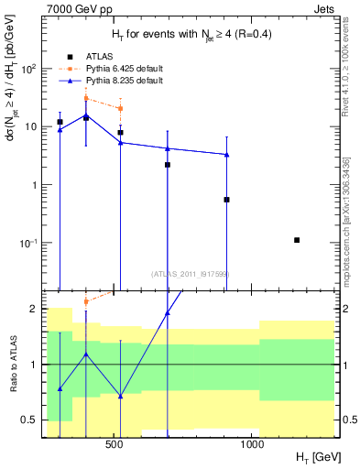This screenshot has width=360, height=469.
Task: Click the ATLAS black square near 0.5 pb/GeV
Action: click(x=226, y=199)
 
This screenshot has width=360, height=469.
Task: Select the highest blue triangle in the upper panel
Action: click(x=86, y=115)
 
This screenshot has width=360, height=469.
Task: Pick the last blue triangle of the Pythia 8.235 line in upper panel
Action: click(x=226, y=155)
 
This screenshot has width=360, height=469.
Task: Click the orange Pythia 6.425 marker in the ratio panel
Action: click(x=86, y=301)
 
